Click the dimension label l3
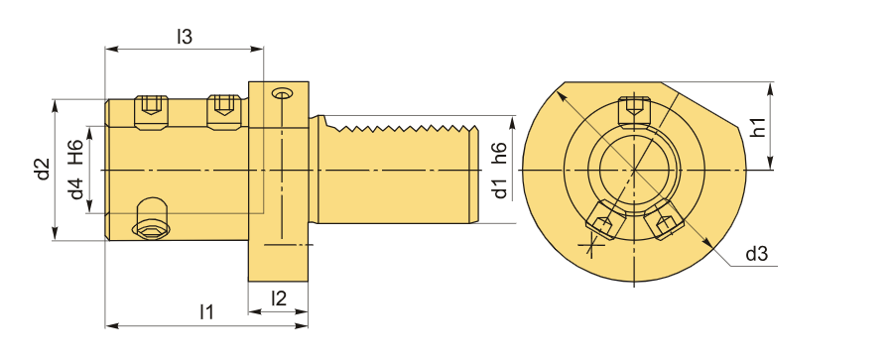185,37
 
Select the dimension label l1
206,311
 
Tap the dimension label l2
279,299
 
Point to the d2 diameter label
44,169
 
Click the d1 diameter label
499,187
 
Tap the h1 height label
757,126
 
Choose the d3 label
757,254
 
